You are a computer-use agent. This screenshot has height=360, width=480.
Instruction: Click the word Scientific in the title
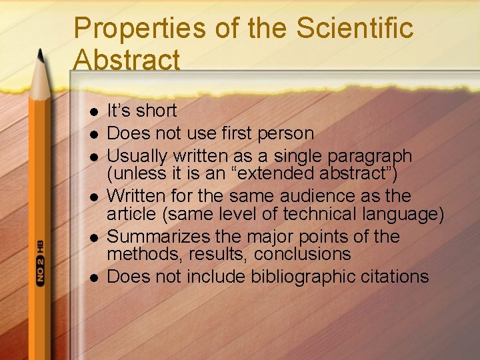pos(355,28)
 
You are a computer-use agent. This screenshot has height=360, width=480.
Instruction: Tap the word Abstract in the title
pos(127,59)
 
